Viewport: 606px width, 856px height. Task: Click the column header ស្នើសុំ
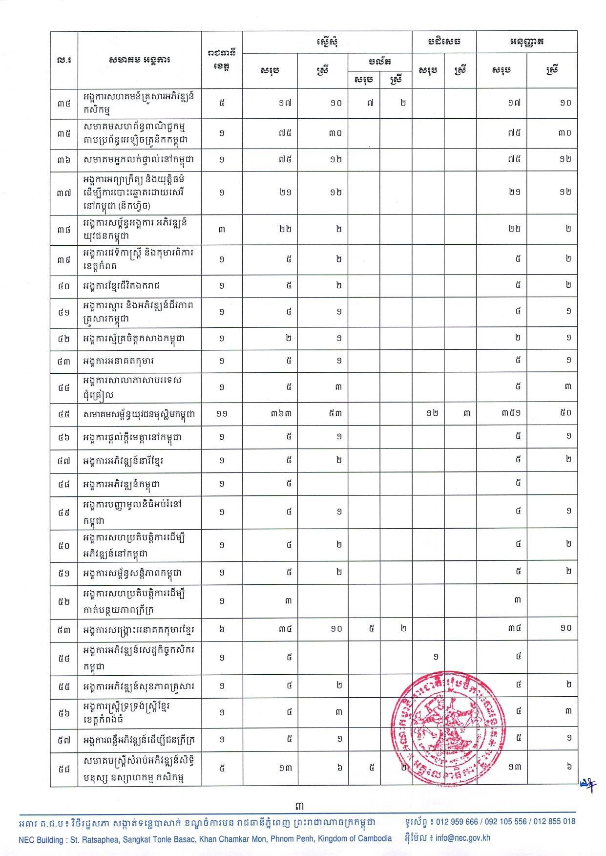pos(327,42)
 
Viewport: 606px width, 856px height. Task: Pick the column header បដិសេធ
pos(444,42)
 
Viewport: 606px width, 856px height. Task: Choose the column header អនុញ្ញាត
pos(526,42)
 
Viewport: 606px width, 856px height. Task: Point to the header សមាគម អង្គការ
pos(139,60)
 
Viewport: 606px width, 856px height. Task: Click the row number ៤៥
pos(63,414)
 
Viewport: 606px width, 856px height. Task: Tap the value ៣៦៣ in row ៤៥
pos(282,414)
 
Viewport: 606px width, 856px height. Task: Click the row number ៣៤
pos(63,103)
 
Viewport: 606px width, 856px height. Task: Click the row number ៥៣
pos(63,628)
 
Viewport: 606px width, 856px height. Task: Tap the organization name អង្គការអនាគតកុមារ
pos(119,361)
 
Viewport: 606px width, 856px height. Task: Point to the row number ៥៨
pos(63,768)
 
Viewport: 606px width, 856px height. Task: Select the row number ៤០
pos(63,285)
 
